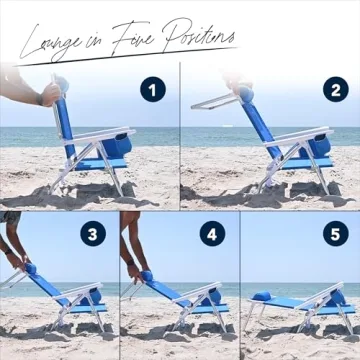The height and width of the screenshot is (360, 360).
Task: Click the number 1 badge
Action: (152, 90)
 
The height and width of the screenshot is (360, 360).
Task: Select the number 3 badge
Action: (94, 236)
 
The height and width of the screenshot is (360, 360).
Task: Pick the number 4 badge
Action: (212, 236)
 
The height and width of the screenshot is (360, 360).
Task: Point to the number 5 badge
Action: (334, 236)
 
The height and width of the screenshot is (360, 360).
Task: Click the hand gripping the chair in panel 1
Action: (47, 95)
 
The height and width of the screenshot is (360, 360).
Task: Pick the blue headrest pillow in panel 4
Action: (146, 276)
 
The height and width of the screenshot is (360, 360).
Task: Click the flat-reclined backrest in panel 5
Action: (290, 301)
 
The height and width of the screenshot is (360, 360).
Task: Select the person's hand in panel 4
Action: (130, 269)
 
